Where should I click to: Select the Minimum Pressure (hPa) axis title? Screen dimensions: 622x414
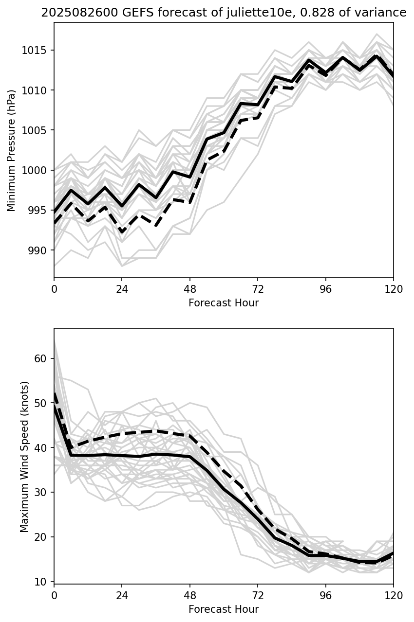pos(11,150)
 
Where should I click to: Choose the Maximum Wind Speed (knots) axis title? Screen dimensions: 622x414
pos(24,456)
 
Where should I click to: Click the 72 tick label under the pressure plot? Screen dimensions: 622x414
pos(258,289)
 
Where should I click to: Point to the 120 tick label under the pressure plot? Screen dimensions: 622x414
pos(394,289)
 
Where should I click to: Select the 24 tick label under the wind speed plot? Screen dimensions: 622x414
pos(122,595)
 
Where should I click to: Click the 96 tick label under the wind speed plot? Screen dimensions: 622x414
pos(325,595)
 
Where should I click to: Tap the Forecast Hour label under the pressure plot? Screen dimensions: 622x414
pos(224,303)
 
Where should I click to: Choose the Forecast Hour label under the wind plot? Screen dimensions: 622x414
pos(224,609)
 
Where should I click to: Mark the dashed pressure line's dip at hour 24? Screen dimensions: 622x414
pos(122,232)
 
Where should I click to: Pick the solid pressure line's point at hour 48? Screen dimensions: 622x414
pos(190,177)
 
